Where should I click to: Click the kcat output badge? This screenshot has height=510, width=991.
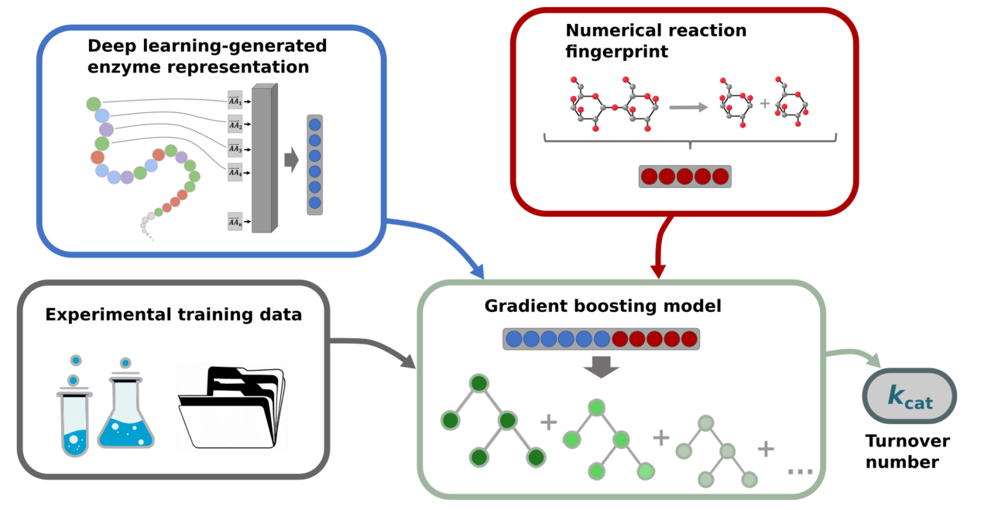(909, 396)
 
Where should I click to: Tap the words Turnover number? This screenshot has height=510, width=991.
(907, 452)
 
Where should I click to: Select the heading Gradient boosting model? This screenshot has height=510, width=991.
(602, 306)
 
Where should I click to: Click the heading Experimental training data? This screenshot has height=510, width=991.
(173, 314)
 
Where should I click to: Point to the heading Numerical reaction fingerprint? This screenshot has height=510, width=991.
(656, 41)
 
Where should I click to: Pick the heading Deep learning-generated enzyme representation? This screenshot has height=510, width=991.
(207, 56)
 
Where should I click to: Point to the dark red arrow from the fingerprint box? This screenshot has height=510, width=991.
(658, 248)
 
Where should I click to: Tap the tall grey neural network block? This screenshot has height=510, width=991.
(264, 158)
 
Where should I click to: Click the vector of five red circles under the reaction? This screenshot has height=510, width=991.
(684, 176)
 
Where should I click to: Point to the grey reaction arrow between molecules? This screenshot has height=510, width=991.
(688, 107)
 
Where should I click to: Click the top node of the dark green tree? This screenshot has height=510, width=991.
(479, 383)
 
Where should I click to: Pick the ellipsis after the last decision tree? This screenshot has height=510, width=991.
(799, 470)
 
